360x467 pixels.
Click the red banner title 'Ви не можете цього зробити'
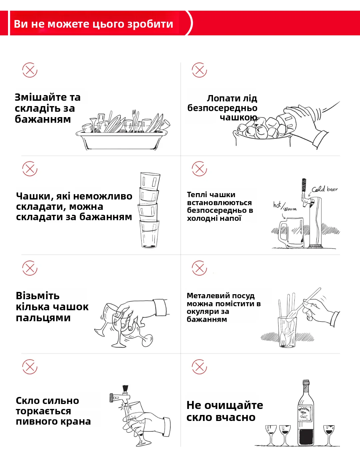click(x=94, y=24)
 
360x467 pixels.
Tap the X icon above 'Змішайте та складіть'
click(x=30, y=70)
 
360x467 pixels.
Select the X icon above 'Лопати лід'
click(x=199, y=70)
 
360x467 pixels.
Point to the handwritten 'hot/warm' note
click(x=284, y=206)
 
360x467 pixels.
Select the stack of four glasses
click(x=149, y=210)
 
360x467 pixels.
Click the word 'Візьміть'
click(x=38, y=296)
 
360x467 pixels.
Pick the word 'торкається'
click(x=43, y=411)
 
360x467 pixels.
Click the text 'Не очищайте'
click(x=225, y=405)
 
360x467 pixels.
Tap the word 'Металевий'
click(x=203, y=296)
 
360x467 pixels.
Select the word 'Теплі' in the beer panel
click(x=197, y=195)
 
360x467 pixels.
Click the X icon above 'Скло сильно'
click(x=30, y=367)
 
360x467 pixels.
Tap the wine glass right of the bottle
click(x=329, y=434)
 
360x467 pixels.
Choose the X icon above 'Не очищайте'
click(x=199, y=367)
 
